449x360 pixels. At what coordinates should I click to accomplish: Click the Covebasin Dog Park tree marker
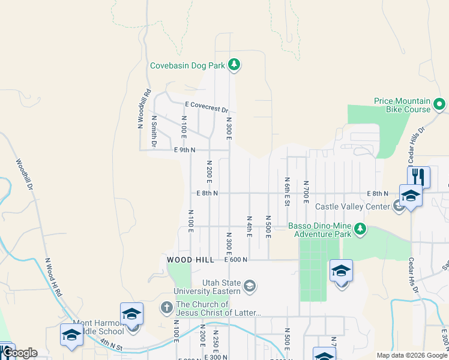coord(234,65)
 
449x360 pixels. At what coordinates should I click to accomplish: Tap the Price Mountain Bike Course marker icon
coord(440,105)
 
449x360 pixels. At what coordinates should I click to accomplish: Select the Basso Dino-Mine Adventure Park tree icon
coord(360,229)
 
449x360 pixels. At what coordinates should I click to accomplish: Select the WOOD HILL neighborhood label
coord(190,259)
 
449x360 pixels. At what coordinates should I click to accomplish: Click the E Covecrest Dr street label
coord(207,107)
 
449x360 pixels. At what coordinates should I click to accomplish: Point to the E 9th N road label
coord(185,150)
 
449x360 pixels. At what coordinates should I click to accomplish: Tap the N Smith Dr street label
coord(154,131)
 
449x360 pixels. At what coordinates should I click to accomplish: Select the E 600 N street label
coord(236,259)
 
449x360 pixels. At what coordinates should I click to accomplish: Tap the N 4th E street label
coord(249,226)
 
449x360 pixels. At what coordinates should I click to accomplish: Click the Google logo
coord(19,353)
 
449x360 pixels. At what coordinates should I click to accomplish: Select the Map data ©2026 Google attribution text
coord(412,355)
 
